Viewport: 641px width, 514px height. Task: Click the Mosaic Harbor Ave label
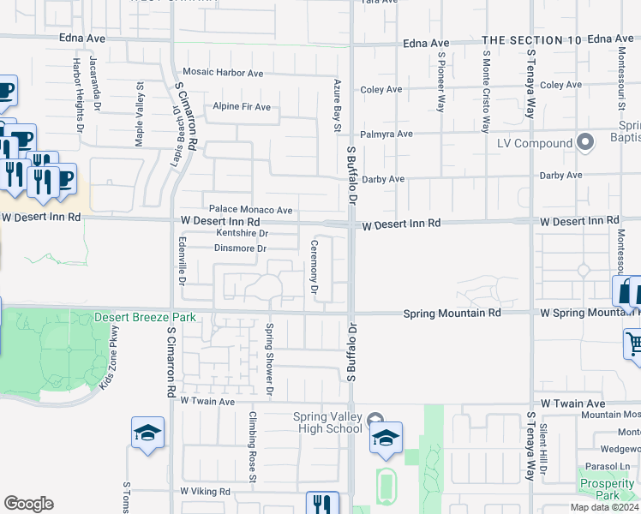(223, 74)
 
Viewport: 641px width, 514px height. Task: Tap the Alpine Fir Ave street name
(242, 107)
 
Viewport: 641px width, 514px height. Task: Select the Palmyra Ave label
(386, 134)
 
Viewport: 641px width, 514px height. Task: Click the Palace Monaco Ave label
(251, 210)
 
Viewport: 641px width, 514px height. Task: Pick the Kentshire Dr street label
(243, 233)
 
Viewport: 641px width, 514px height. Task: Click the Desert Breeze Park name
(145, 317)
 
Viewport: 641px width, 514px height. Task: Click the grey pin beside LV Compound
(585, 142)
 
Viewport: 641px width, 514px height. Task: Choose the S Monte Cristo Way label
(485, 91)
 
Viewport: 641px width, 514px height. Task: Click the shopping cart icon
(634, 344)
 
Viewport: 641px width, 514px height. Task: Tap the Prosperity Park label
(606, 489)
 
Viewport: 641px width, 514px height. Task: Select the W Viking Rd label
(206, 492)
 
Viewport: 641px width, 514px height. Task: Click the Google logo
(28, 504)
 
